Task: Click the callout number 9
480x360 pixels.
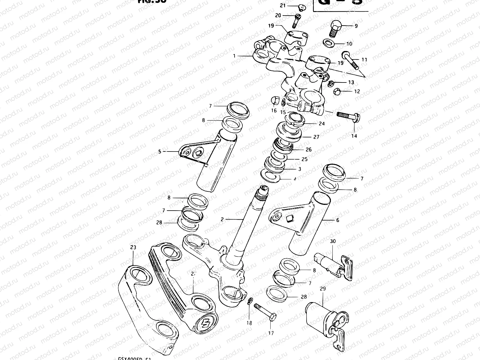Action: click(x=356, y=26)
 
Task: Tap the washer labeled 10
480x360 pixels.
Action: click(x=330, y=42)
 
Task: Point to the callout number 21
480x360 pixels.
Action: click(x=283, y=6)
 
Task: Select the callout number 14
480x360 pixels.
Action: click(x=354, y=136)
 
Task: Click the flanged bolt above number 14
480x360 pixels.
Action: click(x=349, y=115)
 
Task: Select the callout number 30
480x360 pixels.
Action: click(x=333, y=241)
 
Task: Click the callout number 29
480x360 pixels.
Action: click(x=323, y=289)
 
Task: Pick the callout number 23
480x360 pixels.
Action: click(x=133, y=247)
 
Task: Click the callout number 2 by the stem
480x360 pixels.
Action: click(x=222, y=220)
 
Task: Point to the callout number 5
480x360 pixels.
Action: click(x=160, y=152)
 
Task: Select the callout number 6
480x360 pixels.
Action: click(x=337, y=220)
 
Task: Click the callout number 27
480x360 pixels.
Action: click(x=316, y=137)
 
